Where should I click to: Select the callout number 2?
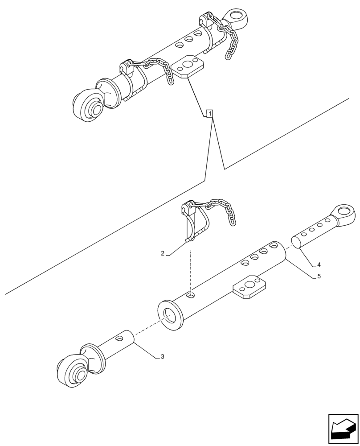[163, 253]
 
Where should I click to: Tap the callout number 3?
[162, 356]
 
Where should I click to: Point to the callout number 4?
[319, 264]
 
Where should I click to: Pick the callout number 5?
[319, 277]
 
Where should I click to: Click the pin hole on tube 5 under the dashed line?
[190, 295]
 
